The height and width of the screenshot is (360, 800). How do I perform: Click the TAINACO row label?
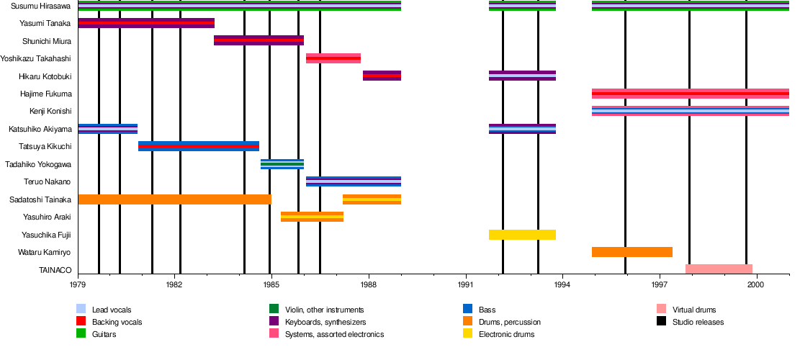(x=55, y=270)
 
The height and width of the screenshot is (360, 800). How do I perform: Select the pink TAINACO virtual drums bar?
(x=719, y=269)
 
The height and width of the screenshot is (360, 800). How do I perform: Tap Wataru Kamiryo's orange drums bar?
(x=632, y=252)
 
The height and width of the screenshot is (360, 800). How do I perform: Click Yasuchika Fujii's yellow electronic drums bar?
(x=522, y=235)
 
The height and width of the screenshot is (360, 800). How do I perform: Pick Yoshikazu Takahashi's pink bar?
(x=333, y=58)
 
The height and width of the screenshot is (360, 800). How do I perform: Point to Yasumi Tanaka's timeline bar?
(x=146, y=23)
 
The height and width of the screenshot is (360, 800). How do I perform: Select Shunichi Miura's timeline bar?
(x=259, y=40)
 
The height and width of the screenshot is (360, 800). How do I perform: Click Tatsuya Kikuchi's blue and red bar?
(x=198, y=146)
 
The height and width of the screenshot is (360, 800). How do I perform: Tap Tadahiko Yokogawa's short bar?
(x=282, y=164)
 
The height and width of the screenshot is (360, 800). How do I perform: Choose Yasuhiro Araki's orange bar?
(x=312, y=217)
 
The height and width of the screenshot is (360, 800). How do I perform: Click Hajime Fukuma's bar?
(x=690, y=94)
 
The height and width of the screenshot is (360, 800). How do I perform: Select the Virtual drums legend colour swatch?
(x=662, y=309)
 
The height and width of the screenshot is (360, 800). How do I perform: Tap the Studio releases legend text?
(x=698, y=322)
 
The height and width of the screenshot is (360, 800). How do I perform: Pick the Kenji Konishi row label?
(x=50, y=111)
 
